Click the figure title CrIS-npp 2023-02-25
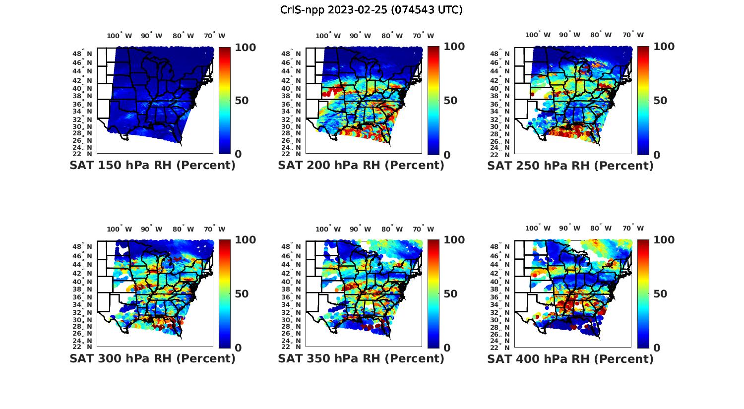(371, 10)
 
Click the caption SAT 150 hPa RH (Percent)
(152, 166)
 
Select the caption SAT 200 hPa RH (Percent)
(361, 166)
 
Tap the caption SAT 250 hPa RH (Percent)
(570, 166)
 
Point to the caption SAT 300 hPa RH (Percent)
(152, 358)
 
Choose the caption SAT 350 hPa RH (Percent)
(361, 358)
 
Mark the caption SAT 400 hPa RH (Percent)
(570, 358)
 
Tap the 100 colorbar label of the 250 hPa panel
(664, 47)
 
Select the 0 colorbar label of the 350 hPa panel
(447, 348)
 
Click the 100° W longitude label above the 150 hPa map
(120, 36)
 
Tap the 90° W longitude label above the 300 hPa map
(151, 229)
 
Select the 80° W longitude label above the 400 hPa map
(601, 229)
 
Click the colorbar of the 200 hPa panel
(434, 100)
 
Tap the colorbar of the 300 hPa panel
(224, 293)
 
